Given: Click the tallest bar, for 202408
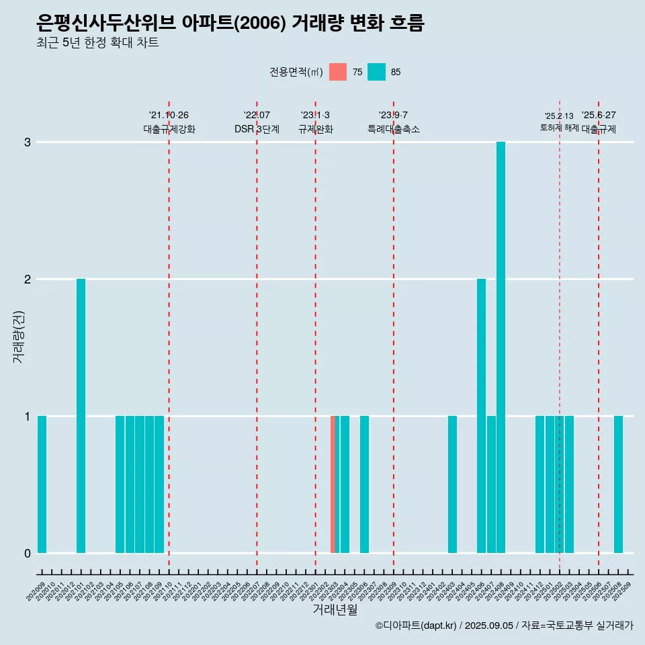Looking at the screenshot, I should tap(501, 347).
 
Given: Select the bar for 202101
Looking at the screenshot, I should tap(81, 415).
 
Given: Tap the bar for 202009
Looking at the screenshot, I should tap(42, 484).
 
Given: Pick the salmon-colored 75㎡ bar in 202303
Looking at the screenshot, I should tap(333, 484).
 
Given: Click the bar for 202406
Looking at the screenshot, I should tap(481, 415).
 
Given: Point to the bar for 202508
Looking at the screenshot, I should tap(618, 484).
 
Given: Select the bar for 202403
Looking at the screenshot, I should tap(452, 484).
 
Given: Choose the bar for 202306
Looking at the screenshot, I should tap(364, 484).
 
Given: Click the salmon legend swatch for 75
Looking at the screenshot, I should tap(338, 72).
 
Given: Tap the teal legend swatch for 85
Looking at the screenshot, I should tap(377, 72).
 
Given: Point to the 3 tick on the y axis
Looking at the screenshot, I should tap(28, 142).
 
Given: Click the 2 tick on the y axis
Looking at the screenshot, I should tap(28, 279).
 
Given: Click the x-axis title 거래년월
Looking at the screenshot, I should tap(335, 609).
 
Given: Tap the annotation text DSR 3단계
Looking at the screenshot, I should tap(257, 129).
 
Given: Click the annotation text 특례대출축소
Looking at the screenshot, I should tap(394, 129).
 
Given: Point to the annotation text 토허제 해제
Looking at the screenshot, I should tap(559, 128).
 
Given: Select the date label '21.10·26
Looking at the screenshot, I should tap(169, 115).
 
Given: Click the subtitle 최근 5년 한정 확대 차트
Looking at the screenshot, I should tap(98, 43).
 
